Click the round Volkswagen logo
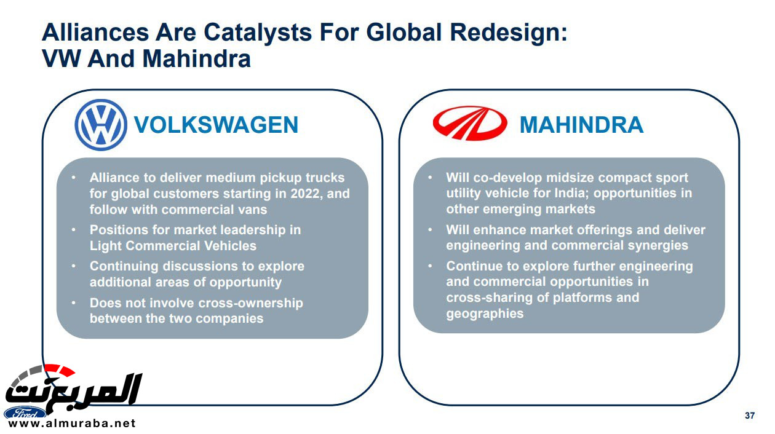(101, 125)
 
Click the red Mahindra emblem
(470, 124)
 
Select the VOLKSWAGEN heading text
(216, 125)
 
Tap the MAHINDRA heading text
(581, 125)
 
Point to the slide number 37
(750, 416)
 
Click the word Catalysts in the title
(258, 33)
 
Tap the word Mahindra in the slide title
(197, 58)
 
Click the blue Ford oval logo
(25, 413)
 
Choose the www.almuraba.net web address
(71, 424)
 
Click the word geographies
(485, 314)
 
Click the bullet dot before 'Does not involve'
(73, 302)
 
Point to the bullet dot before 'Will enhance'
(430, 229)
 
